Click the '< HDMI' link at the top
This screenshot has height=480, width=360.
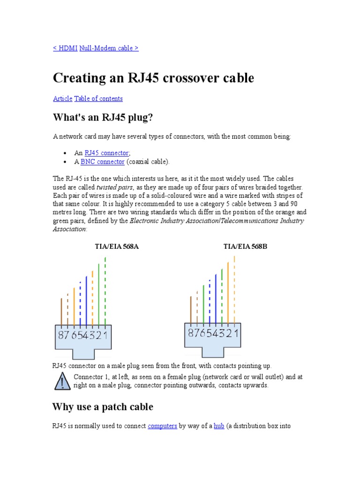pyautogui.click(x=65, y=48)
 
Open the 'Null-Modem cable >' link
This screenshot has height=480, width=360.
pyautogui.click(x=109, y=48)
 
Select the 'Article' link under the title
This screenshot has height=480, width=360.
pyautogui.click(x=63, y=98)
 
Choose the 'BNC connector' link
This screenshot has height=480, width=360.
pyautogui.click(x=103, y=162)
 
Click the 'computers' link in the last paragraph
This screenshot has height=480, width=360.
pyautogui.click(x=162, y=426)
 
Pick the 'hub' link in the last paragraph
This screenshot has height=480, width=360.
pyautogui.click(x=219, y=426)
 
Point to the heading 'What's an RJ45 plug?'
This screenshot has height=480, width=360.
pyautogui.click(x=103, y=118)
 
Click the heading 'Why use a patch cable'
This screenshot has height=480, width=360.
pyautogui.click(x=103, y=407)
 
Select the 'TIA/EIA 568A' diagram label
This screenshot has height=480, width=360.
pyautogui.click(x=117, y=246)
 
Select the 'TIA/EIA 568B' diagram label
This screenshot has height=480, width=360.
pyautogui.click(x=245, y=246)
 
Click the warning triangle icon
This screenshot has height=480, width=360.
pyautogui.click(x=62, y=382)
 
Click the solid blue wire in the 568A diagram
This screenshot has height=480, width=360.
pyautogui.click(x=86, y=300)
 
